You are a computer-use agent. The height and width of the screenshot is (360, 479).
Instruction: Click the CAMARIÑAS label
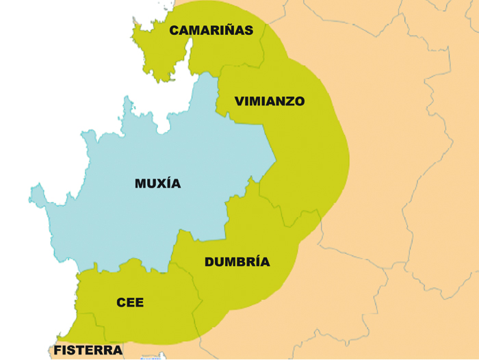click(x=211, y=30)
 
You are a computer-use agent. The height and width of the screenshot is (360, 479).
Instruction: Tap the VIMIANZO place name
click(x=270, y=101)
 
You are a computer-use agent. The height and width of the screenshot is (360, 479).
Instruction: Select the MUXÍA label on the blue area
click(x=158, y=183)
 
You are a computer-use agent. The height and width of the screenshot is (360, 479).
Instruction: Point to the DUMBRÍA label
click(x=237, y=261)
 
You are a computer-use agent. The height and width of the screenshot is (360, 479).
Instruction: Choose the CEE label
click(x=130, y=302)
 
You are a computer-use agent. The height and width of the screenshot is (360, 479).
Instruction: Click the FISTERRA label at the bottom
click(x=88, y=350)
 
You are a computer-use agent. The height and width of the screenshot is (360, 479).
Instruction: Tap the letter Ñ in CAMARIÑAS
click(x=231, y=30)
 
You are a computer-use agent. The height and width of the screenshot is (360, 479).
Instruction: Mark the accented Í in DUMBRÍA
click(x=257, y=261)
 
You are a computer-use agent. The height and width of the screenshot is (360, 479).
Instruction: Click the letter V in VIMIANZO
click(x=239, y=101)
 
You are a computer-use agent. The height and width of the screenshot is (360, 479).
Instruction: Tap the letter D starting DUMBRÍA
click(x=209, y=261)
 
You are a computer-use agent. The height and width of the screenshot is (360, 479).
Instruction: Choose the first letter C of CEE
click(x=121, y=302)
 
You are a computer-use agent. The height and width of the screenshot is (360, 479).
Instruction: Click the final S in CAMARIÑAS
click(x=248, y=30)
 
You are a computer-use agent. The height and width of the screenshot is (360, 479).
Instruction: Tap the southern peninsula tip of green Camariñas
click(x=163, y=79)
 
